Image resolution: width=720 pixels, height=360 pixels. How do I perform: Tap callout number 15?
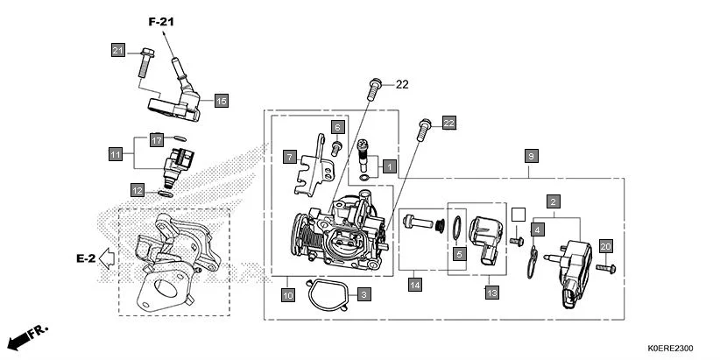click(221, 102)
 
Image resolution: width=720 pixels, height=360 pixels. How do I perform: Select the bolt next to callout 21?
click(143, 67)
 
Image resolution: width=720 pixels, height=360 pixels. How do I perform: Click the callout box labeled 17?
click(156, 140)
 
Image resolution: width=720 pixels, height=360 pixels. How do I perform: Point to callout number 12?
click(138, 189)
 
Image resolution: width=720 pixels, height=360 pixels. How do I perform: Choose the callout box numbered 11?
click(116, 154)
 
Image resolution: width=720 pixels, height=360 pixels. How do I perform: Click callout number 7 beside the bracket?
click(288, 157)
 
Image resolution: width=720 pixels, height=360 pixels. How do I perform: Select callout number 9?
click(531, 155)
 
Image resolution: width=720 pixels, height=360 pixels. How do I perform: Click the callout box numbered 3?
click(364, 296)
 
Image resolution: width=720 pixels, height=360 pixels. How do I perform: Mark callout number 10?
click(288, 296)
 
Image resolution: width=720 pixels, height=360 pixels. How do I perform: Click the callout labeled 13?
click(491, 292)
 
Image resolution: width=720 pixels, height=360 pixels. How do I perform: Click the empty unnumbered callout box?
click(517, 214)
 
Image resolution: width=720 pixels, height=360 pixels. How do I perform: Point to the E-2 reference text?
click(85, 258)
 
